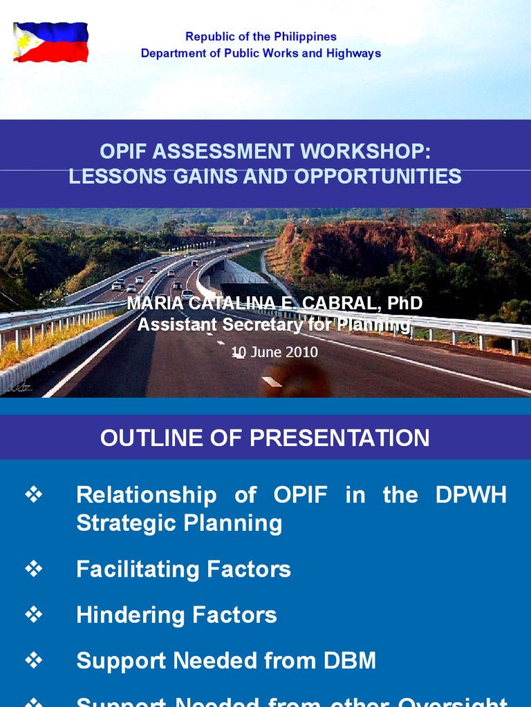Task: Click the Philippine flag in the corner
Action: point(51,42)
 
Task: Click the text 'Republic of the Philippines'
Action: point(261,37)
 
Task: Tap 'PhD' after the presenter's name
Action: point(404,304)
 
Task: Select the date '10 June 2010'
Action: point(274,352)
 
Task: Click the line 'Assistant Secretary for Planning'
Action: point(274,324)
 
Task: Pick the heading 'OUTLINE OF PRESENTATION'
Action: point(265,438)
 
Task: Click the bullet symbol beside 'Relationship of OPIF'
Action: point(34,494)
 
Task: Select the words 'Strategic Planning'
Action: point(179,523)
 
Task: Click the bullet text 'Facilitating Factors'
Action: point(183,569)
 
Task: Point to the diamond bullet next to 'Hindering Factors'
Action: point(34,614)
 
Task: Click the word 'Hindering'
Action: point(129,615)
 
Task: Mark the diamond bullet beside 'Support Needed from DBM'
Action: point(34,660)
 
